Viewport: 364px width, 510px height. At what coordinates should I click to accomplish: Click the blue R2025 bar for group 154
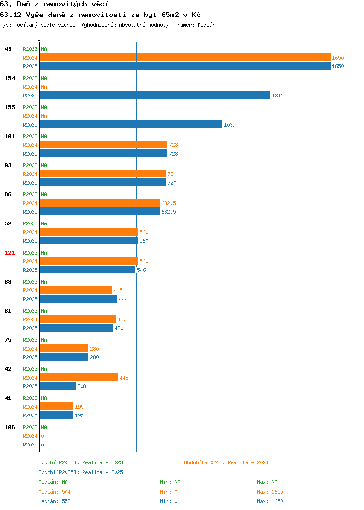point(155,96)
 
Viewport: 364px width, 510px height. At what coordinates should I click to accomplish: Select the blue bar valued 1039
point(131,124)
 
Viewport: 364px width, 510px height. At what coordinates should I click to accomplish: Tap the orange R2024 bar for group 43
point(185,58)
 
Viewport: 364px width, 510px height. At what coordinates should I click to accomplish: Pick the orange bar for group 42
point(79,377)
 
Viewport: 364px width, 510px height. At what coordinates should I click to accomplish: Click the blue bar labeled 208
point(58,386)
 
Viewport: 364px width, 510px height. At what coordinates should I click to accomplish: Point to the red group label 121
point(9,253)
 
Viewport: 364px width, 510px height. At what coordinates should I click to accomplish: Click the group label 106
point(9,427)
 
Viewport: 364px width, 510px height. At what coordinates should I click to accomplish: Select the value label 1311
point(278,96)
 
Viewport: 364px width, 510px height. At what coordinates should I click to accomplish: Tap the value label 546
point(141,270)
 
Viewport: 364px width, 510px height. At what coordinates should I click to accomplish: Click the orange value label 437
point(122,319)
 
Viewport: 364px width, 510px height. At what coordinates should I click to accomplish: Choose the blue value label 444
point(123,299)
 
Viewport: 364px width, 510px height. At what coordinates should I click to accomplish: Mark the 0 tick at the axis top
point(39,39)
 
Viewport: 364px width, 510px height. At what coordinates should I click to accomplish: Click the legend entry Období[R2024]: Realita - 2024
point(226,462)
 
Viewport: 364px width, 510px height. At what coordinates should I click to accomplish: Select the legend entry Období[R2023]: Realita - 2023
point(81,462)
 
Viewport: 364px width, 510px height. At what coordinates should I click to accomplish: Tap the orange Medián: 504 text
point(54,492)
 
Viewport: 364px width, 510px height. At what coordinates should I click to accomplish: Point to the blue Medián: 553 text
point(54,501)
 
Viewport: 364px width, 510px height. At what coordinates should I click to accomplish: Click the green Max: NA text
point(267,482)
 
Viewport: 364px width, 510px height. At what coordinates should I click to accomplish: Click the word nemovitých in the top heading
point(65,4)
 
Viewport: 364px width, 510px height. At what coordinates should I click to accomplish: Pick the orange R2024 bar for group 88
point(76,290)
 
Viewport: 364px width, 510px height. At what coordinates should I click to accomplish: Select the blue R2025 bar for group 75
point(64,357)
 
